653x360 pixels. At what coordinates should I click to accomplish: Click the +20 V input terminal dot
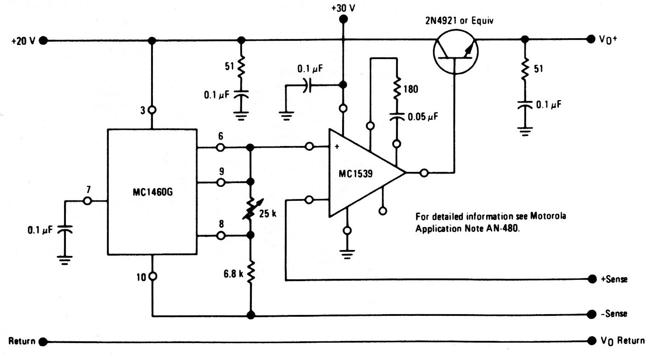(x=43, y=41)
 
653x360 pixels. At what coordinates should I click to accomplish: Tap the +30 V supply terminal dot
(x=343, y=19)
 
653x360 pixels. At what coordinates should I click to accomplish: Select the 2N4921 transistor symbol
(x=455, y=52)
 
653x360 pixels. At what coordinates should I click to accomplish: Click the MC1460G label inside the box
(x=152, y=192)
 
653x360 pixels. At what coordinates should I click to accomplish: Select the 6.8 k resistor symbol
(x=251, y=273)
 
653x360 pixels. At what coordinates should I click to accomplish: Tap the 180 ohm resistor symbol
(x=397, y=88)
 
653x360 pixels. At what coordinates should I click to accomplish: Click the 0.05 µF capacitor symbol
(x=397, y=117)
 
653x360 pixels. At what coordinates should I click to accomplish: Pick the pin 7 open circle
(x=87, y=201)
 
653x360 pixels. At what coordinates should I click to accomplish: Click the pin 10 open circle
(x=152, y=276)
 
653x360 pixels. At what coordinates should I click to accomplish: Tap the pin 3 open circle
(x=152, y=110)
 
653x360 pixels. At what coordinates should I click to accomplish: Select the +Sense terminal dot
(x=592, y=279)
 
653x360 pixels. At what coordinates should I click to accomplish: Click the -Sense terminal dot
(x=591, y=314)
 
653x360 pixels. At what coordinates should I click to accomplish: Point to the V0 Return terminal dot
(x=591, y=340)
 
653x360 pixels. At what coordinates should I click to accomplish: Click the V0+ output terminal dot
(x=591, y=39)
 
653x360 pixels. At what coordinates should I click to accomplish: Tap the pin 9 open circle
(x=221, y=183)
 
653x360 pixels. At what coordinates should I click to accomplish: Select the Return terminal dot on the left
(x=43, y=342)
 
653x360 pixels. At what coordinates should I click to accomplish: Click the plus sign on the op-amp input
(x=337, y=146)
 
